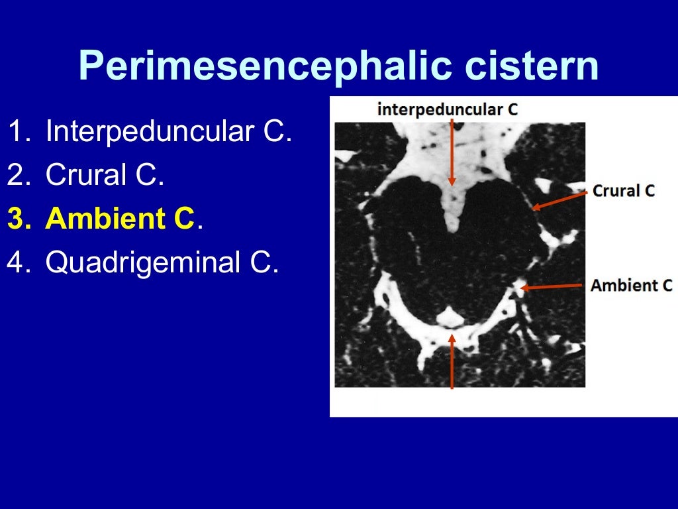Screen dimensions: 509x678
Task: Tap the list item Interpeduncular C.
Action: tap(169, 132)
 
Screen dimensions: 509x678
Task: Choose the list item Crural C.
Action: tap(105, 175)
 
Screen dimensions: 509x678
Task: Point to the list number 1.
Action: tap(19, 132)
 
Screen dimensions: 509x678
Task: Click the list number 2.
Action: tap(19, 175)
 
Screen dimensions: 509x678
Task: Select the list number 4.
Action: tap(19, 262)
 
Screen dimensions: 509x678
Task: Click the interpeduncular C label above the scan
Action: tap(448, 109)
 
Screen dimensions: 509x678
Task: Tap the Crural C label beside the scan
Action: tap(624, 191)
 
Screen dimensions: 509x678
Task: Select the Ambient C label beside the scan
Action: tap(631, 286)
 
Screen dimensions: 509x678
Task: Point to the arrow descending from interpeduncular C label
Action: tap(452, 152)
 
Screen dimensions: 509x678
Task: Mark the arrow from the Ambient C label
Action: tap(552, 287)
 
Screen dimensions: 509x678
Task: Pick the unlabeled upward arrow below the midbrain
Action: tap(452, 361)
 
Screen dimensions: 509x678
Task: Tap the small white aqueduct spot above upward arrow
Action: tap(450, 317)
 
